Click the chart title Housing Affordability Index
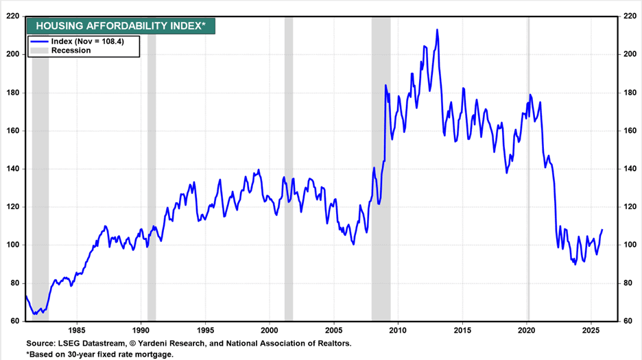pos(121,27)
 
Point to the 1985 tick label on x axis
pos(76,328)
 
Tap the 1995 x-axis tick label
pos(205,328)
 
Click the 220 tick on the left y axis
pos(13,16)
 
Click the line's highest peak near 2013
pos(437,30)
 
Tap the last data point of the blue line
pos(602,230)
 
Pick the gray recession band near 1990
pos(152,171)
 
